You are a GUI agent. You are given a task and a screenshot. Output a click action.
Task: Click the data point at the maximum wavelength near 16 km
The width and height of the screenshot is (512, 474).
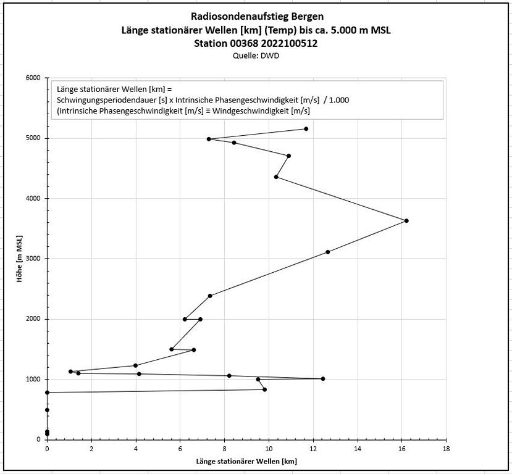coord(406,220)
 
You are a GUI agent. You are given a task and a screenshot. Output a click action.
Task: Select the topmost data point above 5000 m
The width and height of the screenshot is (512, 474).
coord(306,128)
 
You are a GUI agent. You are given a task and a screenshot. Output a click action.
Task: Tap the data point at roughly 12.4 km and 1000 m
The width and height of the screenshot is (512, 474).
coord(322,378)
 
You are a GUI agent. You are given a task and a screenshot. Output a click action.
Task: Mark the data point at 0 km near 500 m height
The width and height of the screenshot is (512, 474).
coord(47,410)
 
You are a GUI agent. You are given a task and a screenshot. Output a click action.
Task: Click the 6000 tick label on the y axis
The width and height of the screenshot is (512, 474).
coord(33,78)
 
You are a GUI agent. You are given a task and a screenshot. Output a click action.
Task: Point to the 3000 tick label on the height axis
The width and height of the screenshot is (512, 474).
coord(33,259)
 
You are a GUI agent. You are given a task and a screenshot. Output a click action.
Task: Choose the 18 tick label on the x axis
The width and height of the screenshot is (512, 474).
coord(446,450)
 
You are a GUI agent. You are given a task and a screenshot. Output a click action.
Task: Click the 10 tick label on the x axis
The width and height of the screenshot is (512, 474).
coord(269,450)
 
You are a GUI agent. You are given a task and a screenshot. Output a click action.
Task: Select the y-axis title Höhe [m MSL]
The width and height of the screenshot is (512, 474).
coord(19,259)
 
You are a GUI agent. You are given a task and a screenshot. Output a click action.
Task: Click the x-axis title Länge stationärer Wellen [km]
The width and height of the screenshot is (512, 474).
coord(246,462)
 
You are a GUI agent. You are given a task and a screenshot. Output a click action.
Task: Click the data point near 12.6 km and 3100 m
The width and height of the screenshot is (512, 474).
coord(327,252)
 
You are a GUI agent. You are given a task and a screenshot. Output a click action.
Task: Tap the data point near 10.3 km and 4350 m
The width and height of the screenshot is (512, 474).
coord(276,177)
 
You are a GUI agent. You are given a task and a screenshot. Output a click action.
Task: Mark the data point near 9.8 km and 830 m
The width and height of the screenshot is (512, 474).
coord(264,389)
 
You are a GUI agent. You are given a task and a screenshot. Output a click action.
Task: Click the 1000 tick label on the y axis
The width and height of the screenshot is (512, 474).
coord(33,379)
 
